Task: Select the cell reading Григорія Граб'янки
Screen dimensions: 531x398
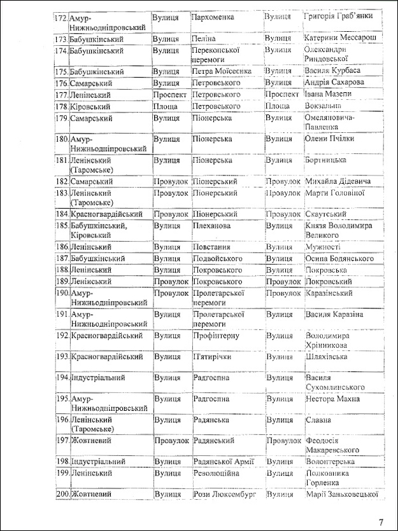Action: tap(339, 16)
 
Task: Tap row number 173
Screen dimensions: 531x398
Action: tap(60, 39)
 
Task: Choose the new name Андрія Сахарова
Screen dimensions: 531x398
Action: tap(334, 83)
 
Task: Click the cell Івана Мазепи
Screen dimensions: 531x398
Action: tap(328, 95)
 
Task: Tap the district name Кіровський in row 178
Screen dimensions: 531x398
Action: tap(90, 107)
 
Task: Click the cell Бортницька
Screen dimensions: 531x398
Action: tap(326, 160)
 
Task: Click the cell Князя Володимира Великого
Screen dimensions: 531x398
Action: tap(338, 230)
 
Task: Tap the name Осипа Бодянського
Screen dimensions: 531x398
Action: tap(339, 259)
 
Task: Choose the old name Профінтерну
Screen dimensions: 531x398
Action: tap(217, 335)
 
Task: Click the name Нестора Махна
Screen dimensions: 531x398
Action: tap(332, 399)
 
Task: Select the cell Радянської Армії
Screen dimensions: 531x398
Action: tap(223, 462)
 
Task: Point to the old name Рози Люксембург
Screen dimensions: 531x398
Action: tap(227, 494)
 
